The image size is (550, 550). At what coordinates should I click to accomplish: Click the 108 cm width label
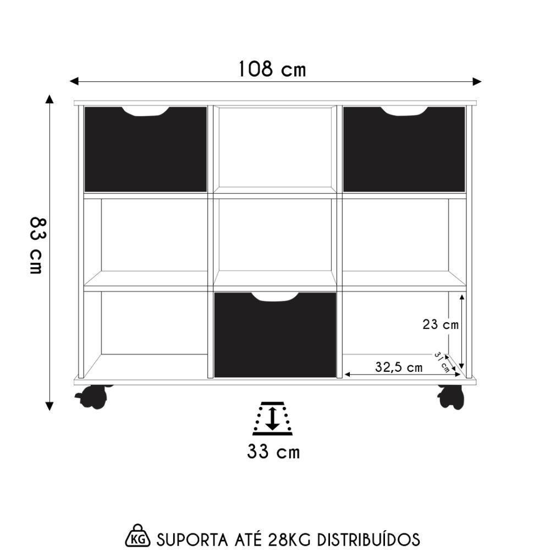coord(272,69)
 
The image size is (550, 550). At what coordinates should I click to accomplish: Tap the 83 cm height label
coord(37,245)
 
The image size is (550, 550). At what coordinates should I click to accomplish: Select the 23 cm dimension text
coord(440,324)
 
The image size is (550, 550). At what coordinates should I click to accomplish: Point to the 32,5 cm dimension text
coord(398,367)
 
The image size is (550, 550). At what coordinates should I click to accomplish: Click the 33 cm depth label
coord(273,452)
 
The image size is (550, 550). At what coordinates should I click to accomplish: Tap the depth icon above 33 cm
coord(272,419)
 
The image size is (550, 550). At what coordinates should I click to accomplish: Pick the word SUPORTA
coord(184,538)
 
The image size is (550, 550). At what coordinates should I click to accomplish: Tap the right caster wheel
coord(451,396)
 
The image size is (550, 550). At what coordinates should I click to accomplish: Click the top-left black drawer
coord(146,151)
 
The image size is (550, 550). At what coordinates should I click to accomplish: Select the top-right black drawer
coord(404,151)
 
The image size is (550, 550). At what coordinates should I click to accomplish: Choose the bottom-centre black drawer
coord(275,338)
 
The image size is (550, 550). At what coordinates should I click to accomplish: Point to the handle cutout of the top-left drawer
coord(146,111)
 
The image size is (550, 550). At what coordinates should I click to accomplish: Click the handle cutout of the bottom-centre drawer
coord(275,297)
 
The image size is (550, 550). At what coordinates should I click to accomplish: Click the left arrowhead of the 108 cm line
coord(73,81)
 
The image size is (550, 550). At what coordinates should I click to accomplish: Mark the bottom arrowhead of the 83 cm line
coord(50,406)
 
